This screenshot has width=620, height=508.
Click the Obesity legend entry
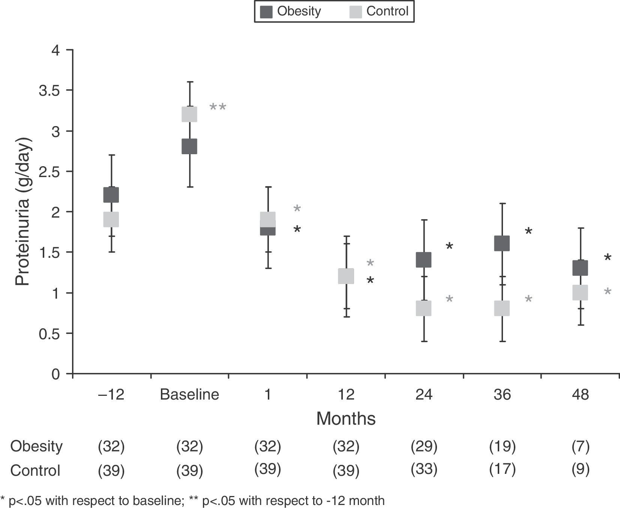[x=291, y=12]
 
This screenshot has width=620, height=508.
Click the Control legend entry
[x=379, y=12]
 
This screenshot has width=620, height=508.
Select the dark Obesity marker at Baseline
[x=189, y=146]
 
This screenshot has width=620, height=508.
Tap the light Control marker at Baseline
[x=189, y=114]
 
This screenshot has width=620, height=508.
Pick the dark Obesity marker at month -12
[x=111, y=195]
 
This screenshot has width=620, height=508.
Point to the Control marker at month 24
[x=423, y=308]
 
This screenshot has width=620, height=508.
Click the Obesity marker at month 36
[x=502, y=243]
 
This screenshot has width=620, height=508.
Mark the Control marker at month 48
[x=580, y=292]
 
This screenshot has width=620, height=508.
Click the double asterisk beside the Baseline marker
[x=218, y=108]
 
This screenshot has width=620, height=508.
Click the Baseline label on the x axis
[x=189, y=395]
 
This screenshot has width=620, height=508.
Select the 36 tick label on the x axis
[x=502, y=395]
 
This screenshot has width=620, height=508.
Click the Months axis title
[x=346, y=419]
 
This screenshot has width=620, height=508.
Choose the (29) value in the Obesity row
[x=424, y=446]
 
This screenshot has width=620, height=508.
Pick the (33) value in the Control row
[x=424, y=469]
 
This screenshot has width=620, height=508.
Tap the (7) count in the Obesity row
[x=580, y=446]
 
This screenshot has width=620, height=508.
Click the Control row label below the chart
[x=35, y=470]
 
